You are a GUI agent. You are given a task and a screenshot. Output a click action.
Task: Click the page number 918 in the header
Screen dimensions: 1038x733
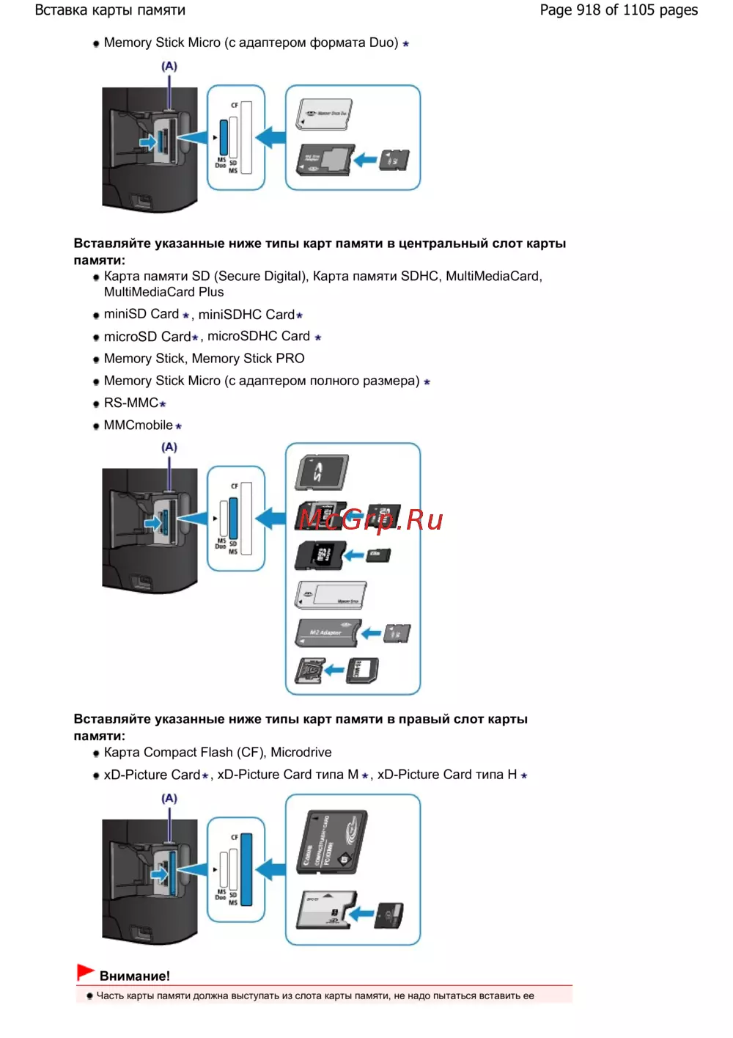pos(589,10)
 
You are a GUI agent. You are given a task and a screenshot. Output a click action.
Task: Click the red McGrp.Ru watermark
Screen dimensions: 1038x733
pos(371,520)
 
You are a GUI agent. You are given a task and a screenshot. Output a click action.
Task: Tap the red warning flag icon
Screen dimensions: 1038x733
pos(85,973)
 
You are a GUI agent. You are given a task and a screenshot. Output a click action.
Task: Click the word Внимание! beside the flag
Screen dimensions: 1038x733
pos(134,976)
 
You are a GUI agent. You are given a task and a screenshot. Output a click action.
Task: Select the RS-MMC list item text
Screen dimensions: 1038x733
pos(131,403)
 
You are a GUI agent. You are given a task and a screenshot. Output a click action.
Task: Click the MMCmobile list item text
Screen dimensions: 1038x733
pos(139,425)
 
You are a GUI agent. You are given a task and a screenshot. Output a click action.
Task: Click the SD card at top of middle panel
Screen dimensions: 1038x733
pos(321,472)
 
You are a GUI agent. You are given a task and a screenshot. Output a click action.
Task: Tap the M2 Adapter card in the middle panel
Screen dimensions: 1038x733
pos(327,632)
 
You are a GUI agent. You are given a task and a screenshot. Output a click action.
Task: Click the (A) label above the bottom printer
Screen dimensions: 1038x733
pos(169,798)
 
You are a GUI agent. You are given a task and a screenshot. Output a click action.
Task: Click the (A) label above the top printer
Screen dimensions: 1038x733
pos(169,66)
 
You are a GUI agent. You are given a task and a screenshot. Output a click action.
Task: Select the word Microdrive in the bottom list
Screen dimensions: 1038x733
pos(301,753)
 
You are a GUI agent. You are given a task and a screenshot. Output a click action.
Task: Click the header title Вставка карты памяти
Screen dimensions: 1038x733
pos(110,10)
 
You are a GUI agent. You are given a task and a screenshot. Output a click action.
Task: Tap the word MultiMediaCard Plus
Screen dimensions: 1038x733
pos(163,292)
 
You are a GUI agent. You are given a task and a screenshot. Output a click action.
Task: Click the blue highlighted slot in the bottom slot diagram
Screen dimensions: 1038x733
pos(246,869)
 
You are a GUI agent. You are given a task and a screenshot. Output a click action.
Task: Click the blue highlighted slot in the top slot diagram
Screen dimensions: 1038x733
pos(224,137)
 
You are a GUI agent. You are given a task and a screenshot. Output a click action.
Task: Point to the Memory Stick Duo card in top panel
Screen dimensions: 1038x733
pos(324,114)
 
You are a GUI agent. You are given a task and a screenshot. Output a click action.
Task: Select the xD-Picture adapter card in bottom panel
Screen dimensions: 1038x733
pos(325,910)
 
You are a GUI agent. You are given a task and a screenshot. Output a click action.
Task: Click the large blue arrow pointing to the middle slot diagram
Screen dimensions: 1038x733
pos(270,518)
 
